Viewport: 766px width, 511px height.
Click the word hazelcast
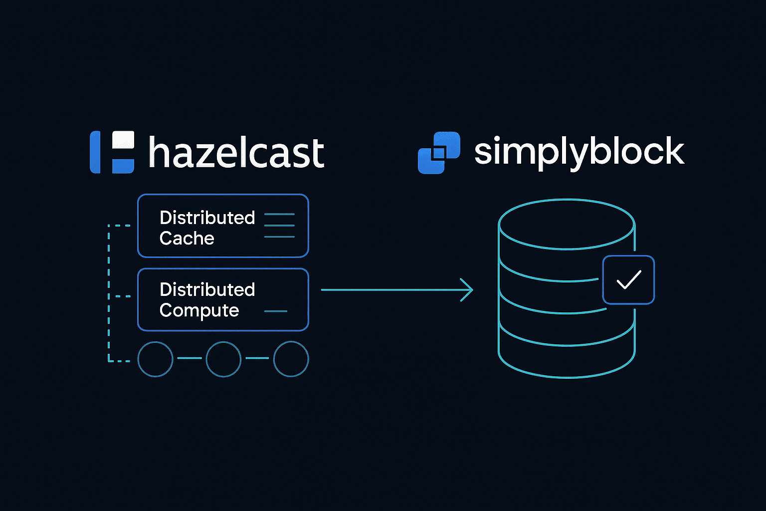point(236,153)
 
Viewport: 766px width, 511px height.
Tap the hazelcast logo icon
point(112,153)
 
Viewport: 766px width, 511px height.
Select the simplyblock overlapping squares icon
point(438,153)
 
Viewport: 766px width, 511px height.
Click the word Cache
point(187,239)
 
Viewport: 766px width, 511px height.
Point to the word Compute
point(199,310)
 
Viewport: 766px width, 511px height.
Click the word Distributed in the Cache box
point(207,218)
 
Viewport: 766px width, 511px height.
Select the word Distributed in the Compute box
point(207,289)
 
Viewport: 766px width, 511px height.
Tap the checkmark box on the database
point(628,280)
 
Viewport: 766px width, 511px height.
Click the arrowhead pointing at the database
point(467,290)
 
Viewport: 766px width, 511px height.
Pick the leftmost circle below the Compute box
point(155,359)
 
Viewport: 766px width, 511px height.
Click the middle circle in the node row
point(223,359)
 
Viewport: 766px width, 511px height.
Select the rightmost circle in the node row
point(291,359)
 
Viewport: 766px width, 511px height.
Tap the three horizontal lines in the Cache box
point(279,226)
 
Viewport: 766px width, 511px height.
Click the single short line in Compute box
point(276,311)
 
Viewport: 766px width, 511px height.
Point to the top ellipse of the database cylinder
point(567,224)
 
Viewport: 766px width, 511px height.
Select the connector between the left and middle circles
point(190,358)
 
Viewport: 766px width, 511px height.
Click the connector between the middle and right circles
point(257,358)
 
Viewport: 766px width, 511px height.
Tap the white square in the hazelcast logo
point(123,140)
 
